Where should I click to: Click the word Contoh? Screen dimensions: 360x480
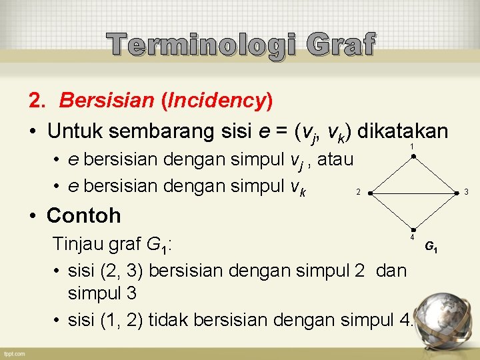(x=84, y=215)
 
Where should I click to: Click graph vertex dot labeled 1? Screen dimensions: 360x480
(x=413, y=157)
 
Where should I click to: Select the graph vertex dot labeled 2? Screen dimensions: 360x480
(x=369, y=192)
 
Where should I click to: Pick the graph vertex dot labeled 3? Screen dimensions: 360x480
(x=458, y=192)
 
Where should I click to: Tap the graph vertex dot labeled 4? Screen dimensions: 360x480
(x=413, y=229)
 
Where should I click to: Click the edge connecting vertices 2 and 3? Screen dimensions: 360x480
(x=413, y=192)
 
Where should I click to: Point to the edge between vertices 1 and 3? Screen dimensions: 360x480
(x=436, y=175)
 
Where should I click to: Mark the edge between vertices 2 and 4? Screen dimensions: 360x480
(x=391, y=211)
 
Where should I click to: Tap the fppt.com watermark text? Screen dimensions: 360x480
(x=14, y=353)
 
